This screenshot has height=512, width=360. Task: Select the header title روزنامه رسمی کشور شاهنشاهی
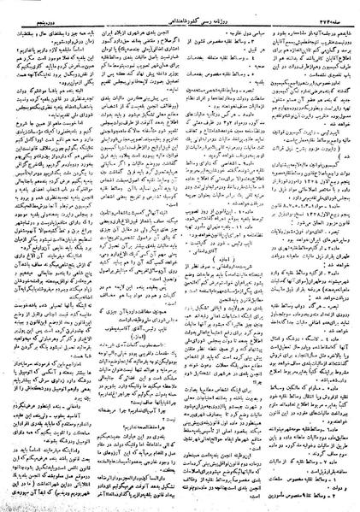pos(180,7)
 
